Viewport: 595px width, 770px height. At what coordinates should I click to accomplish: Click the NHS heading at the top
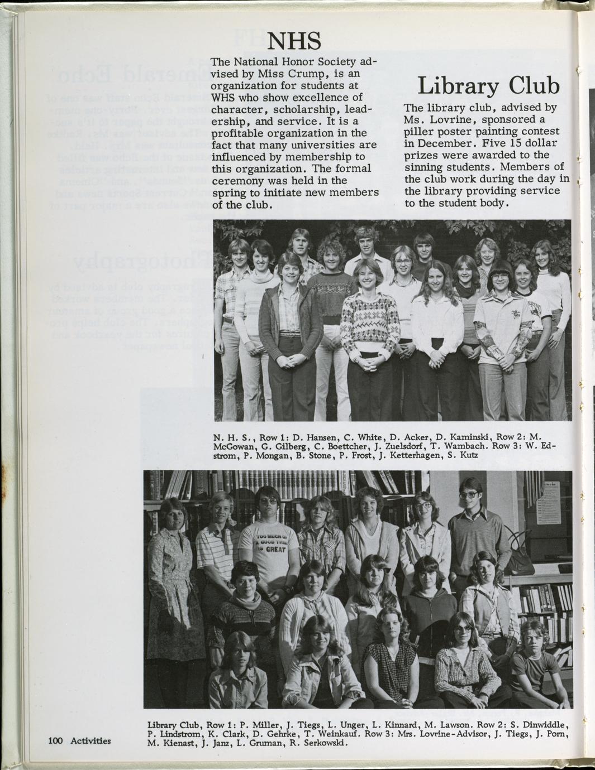(294, 41)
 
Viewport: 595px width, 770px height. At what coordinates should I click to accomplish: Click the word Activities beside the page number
(91, 741)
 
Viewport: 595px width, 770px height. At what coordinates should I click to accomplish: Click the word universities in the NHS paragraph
(314, 145)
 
